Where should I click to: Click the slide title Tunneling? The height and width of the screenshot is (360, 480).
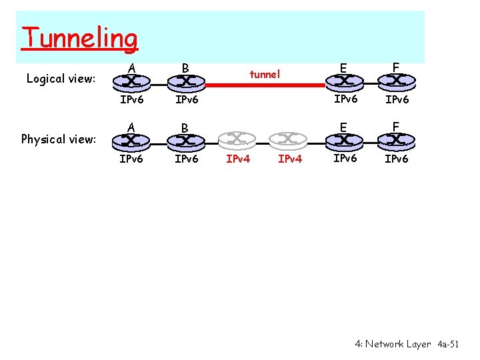coord(79,38)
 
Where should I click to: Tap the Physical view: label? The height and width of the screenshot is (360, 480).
coord(59,139)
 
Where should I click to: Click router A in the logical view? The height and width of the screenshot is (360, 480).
coord(132,81)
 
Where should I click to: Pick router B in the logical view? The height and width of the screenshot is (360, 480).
coord(185,81)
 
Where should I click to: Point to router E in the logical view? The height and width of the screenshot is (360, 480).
coord(343,81)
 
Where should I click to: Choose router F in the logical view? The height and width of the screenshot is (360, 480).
coord(396,81)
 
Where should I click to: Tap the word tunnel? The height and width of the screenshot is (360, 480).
coord(265,74)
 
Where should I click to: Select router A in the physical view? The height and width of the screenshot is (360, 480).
coord(132,140)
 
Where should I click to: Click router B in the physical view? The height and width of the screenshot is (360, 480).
coord(185,140)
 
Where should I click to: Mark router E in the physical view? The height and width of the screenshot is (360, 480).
coord(343,140)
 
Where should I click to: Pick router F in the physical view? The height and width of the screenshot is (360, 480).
coord(396,140)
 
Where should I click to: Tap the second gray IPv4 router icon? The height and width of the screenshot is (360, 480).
coord(289,139)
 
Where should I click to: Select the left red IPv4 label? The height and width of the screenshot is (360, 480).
coord(239,159)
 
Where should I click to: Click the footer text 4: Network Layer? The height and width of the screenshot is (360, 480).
coord(393,344)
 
